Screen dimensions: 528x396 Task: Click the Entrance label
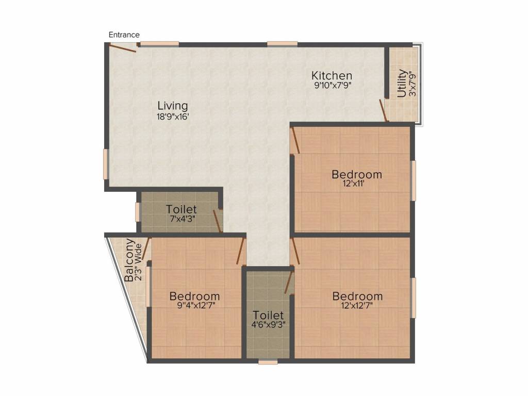point(124,35)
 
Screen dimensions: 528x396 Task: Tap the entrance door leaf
point(123,48)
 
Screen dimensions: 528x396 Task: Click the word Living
point(172,106)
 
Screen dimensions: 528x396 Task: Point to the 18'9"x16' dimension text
point(173,117)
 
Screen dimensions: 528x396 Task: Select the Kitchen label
point(332,75)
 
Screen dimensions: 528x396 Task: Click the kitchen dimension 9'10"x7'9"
point(333,85)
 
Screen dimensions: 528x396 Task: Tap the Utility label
point(401,83)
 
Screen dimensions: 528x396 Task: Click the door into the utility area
point(383,110)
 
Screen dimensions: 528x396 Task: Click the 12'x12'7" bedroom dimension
point(357,305)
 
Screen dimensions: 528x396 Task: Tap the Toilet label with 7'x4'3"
point(181,209)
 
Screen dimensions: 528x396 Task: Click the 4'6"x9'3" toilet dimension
point(268,325)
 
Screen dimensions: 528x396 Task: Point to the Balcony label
point(129,260)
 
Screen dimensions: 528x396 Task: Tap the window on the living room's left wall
point(105,164)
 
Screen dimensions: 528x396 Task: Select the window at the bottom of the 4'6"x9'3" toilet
point(268,362)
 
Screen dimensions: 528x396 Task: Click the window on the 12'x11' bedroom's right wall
point(413,180)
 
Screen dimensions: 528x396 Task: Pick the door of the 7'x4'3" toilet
point(217,221)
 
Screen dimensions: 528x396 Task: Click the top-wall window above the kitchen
point(282,43)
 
